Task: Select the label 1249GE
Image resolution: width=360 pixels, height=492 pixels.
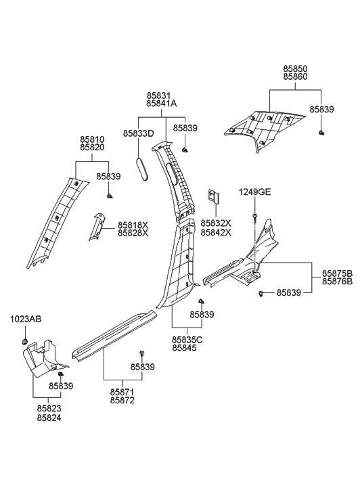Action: pyautogui.click(x=254, y=193)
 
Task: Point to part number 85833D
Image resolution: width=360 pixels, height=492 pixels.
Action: pyautogui.click(x=139, y=134)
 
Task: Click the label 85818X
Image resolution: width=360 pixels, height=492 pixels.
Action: pyautogui.click(x=133, y=225)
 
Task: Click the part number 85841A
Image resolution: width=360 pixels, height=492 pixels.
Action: pyautogui.click(x=161, y=104)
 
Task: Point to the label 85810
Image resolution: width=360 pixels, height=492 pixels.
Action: pyautogui.click(x=92, y=138)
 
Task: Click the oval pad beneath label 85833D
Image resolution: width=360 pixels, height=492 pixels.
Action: pyautogui.click(x=142, y=169)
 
